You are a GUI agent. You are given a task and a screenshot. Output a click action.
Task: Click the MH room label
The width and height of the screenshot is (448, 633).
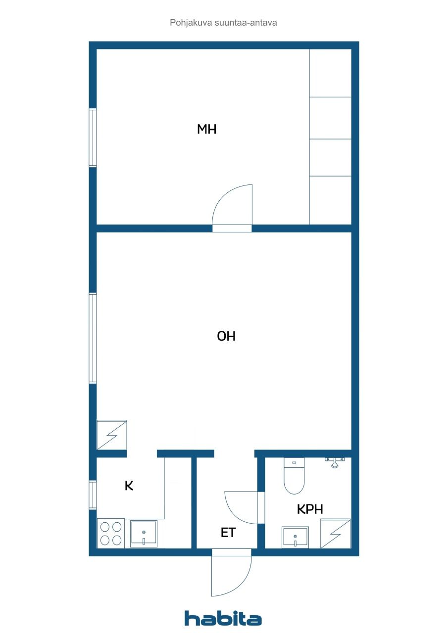click(207, 130)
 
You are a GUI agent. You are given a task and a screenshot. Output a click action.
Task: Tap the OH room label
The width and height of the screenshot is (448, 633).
click(226, 337)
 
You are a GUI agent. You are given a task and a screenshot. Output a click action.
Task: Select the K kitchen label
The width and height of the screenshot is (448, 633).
click(129, 486)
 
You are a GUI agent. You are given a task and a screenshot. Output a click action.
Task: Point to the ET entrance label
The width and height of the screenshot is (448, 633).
click(228, 533)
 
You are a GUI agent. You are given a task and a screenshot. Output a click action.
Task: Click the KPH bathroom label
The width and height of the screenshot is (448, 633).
click(310, 509)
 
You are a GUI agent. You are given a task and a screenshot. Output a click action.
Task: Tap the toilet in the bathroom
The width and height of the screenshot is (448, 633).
click(294, 477)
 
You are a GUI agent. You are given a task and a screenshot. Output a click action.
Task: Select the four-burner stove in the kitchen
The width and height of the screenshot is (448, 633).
click(111, 533)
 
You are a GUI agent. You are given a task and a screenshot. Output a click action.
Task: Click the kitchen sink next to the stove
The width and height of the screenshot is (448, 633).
click(144, 534)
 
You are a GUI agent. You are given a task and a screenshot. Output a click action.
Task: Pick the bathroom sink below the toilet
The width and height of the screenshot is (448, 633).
click(295, 537)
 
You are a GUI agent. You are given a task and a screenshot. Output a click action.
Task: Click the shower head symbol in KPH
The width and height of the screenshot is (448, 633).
click(335, 463)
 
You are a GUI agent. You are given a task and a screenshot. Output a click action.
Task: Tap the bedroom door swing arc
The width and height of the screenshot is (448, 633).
click(232, 205)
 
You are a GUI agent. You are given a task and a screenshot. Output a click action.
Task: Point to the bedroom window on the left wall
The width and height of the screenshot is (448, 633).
click(93, 138)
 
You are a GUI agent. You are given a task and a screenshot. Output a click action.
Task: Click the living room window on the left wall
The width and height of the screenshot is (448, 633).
click(93, 338)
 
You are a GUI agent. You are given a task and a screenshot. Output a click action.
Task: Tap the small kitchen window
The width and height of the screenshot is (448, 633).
click(93, 495)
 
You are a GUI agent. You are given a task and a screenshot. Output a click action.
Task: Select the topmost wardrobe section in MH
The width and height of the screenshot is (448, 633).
click(330, 73)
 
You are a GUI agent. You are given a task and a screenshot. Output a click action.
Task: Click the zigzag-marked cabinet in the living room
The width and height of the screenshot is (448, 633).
click(112, 435)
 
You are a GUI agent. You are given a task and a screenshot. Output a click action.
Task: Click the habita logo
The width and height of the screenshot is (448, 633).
click(223, 618)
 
